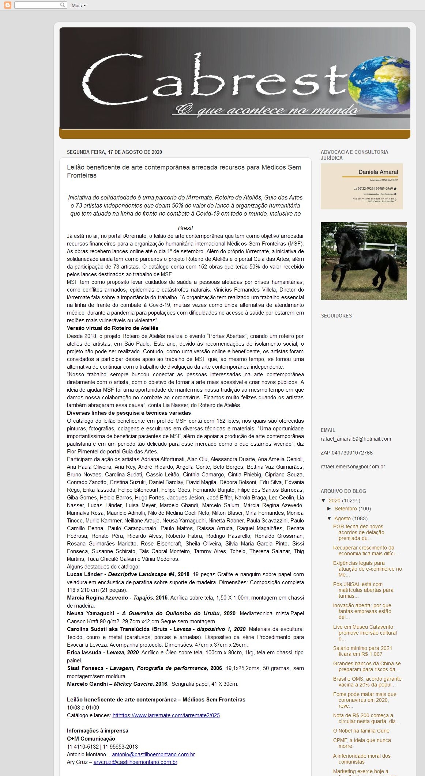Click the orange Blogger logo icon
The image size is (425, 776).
tap(7, 5)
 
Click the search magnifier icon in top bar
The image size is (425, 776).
tap(63, 5)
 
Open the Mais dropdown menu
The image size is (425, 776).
tap(79, 5)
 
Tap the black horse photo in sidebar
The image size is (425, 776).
tap(364, 261)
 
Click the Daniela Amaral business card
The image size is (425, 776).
tap(362, 186)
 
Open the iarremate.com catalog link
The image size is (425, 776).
tap(166, 715)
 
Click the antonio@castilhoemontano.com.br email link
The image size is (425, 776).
tap(153, 754)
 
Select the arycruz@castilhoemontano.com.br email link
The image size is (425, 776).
tap(135, 762)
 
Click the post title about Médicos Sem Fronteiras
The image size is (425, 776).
tap(184, 171)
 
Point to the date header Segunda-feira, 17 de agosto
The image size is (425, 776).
tap(114, 152)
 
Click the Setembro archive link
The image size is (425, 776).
tap(345, 509)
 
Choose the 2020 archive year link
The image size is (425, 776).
tap(334, 501)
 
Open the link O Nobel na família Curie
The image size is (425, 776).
tap(361, 731)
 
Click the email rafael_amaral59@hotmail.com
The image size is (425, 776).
tap(356, 439)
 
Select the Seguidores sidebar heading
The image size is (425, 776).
tap(336, 316)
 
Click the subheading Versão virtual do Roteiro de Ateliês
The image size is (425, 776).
tap(112, 328)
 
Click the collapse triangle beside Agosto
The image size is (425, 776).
tap(329, 518)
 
